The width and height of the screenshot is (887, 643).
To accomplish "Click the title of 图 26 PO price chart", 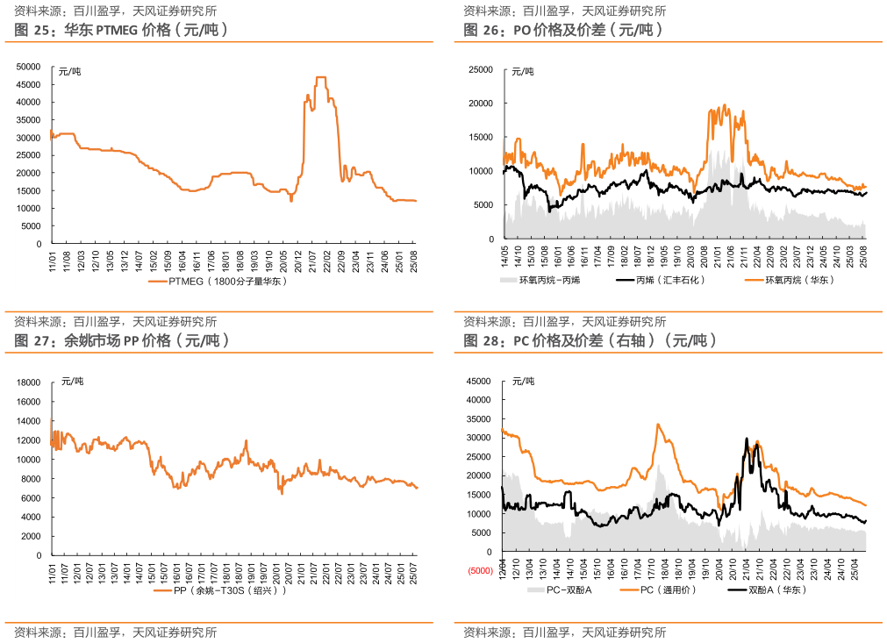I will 562,30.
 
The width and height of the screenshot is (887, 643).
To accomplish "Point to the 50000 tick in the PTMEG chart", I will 29,67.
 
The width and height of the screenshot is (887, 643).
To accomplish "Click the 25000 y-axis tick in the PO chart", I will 481,68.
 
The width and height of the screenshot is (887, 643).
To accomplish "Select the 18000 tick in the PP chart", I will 30,383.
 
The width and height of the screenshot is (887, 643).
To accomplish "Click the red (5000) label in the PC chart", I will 480,572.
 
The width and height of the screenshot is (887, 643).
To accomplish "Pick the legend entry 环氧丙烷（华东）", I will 798,281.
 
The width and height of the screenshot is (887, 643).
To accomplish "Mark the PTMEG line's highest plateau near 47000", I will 321,78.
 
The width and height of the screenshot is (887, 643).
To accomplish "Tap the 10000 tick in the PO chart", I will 481,171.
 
